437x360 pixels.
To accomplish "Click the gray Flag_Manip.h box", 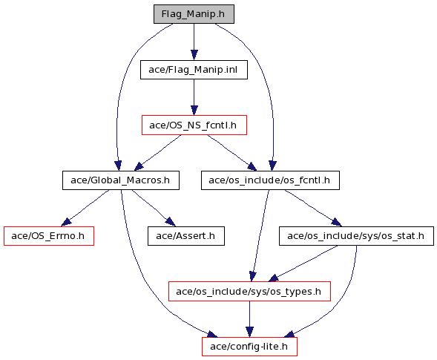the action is pyautogui.click(x=194, y=14).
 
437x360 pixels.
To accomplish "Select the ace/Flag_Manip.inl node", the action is pyautogui.click(x=194, y=70).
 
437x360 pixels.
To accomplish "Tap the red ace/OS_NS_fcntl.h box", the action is pyautogui.click(x=194, y=125).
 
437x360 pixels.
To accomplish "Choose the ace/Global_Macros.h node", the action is pyautogui.click(x=121, y=180).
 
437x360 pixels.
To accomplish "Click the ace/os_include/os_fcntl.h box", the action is pyautogui.click(x=270, y=180).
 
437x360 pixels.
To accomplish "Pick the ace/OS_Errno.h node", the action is pyautogui.click(x=49, y=236).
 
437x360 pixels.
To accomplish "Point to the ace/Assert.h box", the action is pyautogui.click(x=186, y=236).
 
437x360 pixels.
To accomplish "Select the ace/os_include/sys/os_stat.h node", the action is pyautogui.click(x=356, y=236).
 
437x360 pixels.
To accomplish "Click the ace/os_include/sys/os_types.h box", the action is pyautogui.click(x=249, y=292).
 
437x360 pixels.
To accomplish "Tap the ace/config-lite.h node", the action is pyautogui.click(x=249, y=347).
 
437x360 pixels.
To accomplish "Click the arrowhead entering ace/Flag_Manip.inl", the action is pyautogui.click(x=194, y=55).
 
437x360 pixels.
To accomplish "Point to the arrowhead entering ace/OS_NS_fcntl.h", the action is pyautogui.click(x=194, y=111).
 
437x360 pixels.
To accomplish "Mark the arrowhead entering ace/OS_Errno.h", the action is pyautogui.click(x=66, y=222).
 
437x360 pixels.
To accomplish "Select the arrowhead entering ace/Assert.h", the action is pyautogui.click(x=171, y=222).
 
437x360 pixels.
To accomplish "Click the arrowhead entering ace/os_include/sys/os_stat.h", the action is pyautogui.click(x=336, y=222).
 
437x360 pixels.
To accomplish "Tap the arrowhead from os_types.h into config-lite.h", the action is pyautogui.click(x=249, y=332).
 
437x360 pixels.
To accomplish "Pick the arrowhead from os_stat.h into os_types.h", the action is pyautogui.click(x=274, y=278).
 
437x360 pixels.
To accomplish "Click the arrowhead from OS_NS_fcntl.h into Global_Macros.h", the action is pyautogui.click(x=139, y=166).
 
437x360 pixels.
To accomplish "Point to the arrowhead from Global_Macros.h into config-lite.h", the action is pyautogui.click(x=212, y=334).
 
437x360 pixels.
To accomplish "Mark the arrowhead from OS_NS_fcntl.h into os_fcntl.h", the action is pyautogui.click(x=252, y=167).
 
